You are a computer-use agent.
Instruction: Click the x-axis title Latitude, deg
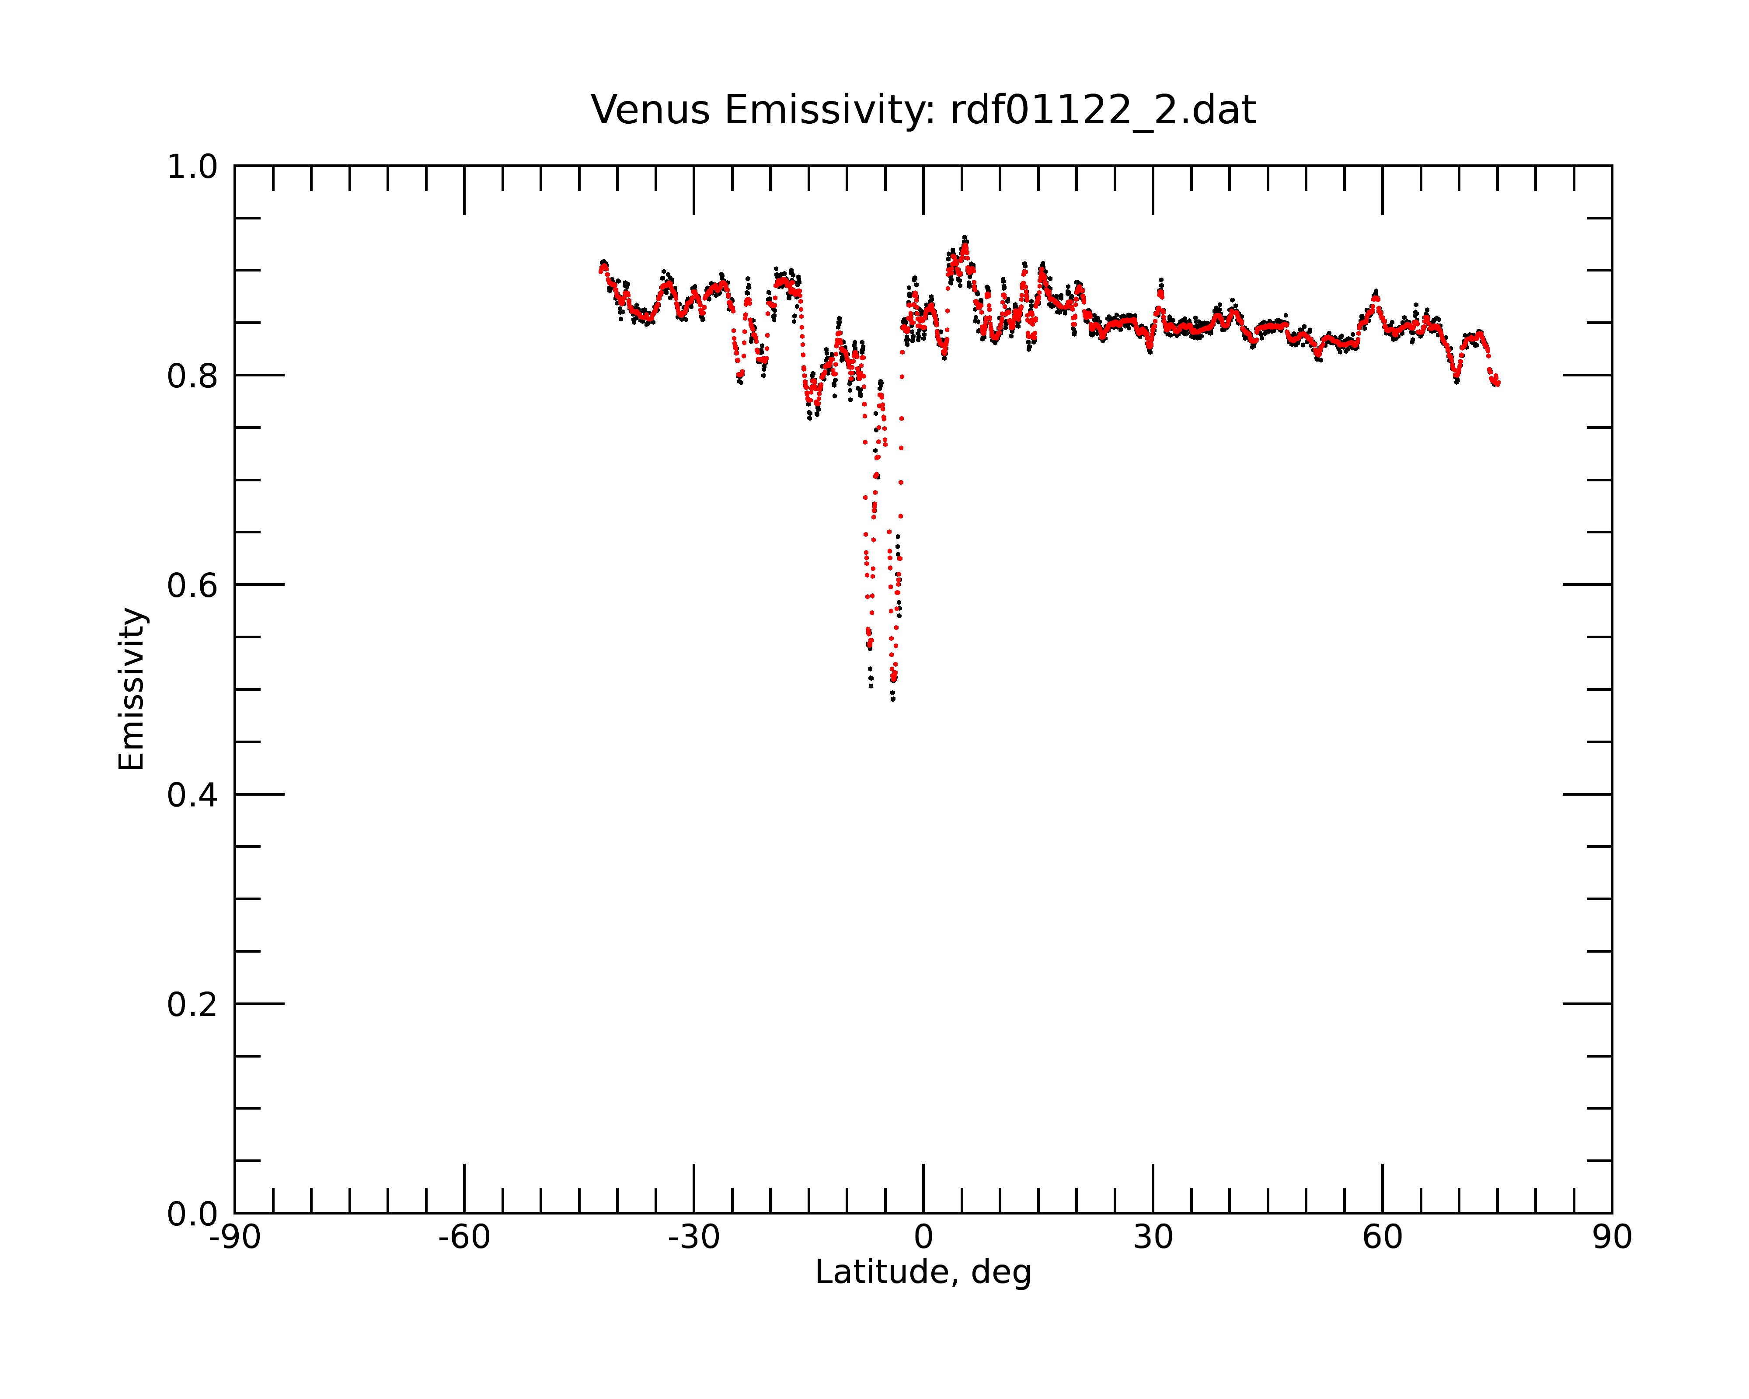point(923,1273)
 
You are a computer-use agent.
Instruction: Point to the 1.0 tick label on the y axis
point(192,167)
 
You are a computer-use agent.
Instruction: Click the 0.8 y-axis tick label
point(192,376)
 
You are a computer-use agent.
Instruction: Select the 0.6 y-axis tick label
point(192,585)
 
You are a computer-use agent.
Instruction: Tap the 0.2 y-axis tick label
point(192,1005)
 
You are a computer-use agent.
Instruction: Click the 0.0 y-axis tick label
point(192,1214)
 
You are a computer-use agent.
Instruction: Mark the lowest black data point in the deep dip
point(893,699)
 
